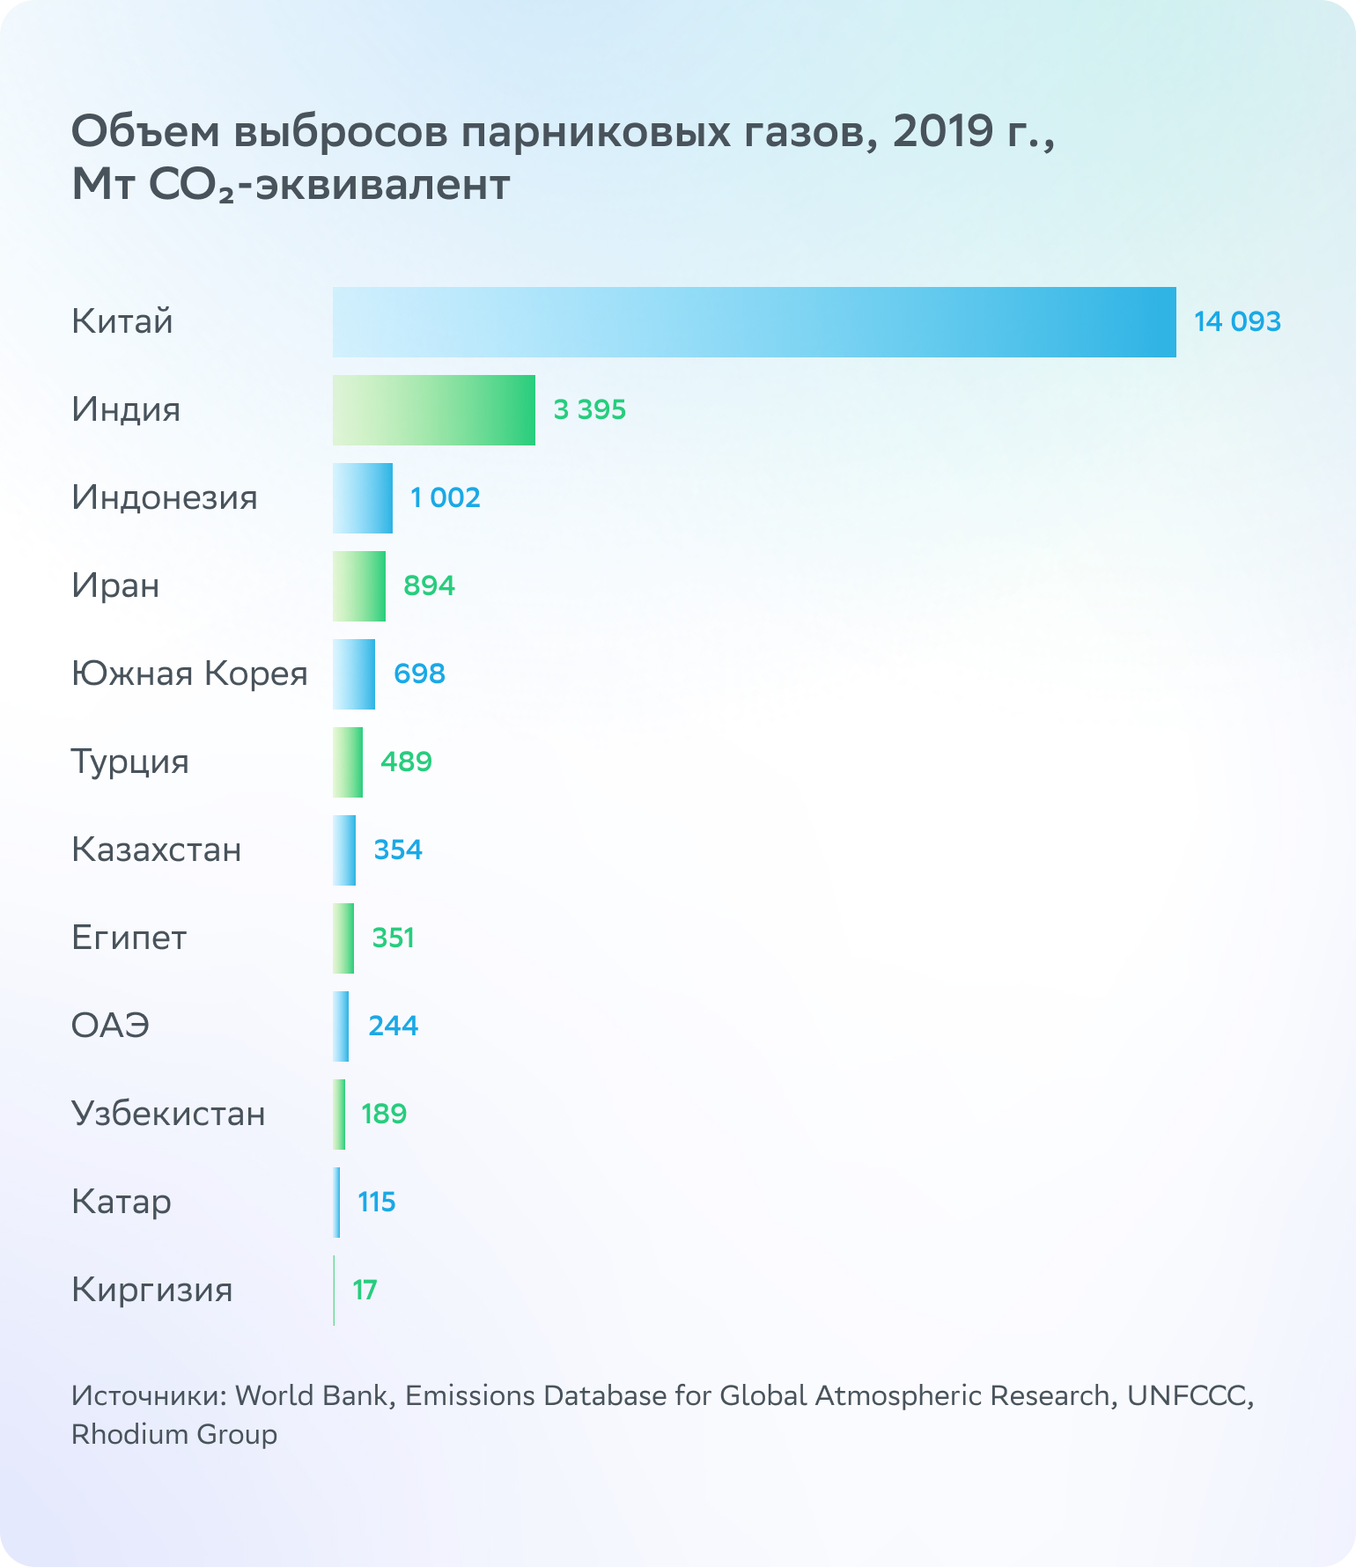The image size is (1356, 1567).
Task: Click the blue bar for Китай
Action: tap(754, 322)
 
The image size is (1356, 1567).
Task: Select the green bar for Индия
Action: tap(433, 410)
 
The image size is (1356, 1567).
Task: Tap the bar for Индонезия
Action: tap(363, 498)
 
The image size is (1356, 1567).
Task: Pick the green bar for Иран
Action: tap(359, 586)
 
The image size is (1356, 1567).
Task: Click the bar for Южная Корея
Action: tap(354, 674)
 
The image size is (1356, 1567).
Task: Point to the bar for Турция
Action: tap(348, 762)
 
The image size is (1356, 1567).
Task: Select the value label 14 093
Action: tap(1236, 322)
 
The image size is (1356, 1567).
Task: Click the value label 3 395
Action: tap(589, 410)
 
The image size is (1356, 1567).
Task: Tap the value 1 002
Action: tap(446, 498)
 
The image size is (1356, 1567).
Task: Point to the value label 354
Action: tap(398, 850)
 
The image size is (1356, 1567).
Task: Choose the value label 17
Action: tap(365, 1291)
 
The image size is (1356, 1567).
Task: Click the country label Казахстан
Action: tap(156, 850)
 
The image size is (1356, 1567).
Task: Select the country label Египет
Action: tap(129, 938)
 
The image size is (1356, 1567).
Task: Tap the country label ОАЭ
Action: tap(110, 1026)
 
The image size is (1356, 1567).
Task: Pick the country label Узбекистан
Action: tap(168, 1115)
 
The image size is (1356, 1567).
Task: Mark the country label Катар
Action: tap(122, 1203)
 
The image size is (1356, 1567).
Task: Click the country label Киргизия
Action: tap(151, 1291)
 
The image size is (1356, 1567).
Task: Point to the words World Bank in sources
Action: tap(312, 1396)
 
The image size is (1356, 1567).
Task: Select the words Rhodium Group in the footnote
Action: tap(174, 1434)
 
